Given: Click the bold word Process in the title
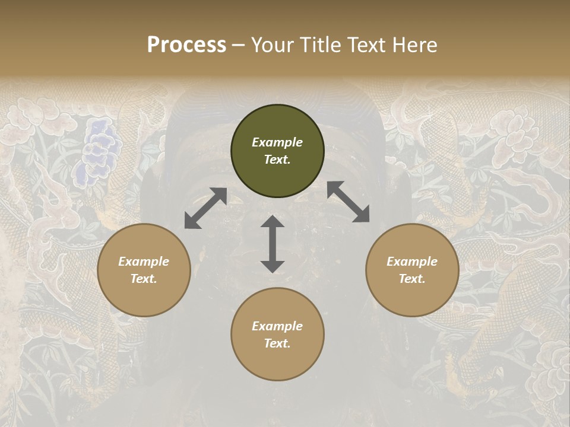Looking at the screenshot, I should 186,45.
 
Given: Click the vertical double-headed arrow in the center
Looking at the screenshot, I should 273,244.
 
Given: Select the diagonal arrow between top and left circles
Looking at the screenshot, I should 205,208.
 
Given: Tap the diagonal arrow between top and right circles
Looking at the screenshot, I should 349,202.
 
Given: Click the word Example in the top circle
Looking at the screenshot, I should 277,142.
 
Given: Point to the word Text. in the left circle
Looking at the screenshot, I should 144,279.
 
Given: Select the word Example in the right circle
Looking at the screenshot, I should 412,262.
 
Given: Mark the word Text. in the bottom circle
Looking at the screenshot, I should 277,343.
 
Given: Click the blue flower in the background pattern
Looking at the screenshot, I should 100,151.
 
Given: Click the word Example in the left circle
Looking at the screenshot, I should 144,262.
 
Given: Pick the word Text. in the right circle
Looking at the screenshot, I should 412,279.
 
